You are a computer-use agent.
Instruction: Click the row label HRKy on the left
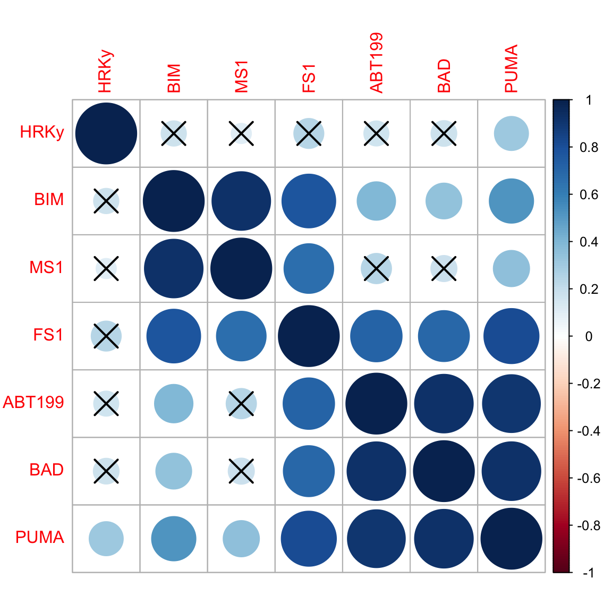42,132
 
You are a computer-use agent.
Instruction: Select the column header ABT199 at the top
376,63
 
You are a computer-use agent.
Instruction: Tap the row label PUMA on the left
40,537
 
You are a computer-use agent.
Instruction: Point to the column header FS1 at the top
309,78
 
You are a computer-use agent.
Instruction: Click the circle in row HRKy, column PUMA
511,133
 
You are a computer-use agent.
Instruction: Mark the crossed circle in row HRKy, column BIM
174,133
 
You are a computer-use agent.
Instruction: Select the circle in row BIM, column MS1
241,201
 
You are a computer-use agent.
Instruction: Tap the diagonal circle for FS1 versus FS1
309,336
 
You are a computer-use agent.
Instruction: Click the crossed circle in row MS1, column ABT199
376,269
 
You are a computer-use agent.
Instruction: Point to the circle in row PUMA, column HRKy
106,539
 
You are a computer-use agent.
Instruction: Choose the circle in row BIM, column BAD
444,201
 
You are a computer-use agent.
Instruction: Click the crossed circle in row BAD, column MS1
241,471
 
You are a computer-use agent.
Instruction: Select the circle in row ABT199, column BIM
174,404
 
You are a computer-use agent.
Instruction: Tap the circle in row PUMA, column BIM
174,539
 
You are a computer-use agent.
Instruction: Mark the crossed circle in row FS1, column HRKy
106,336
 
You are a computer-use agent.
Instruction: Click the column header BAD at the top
444,76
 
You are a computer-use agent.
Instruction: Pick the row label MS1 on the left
46,267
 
